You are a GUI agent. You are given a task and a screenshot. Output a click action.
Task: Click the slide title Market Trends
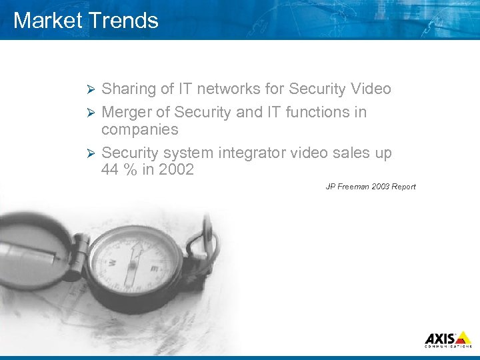click(x=86, y=20)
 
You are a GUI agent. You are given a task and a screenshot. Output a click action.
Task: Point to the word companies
click(x=139, y=129)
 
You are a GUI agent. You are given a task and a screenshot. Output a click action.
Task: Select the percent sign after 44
click(x=131, y=169)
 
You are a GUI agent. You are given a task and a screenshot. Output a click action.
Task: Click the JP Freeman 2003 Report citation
click(x=370, y=187)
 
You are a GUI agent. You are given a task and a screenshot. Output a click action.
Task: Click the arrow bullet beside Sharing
click(x=93, y=89)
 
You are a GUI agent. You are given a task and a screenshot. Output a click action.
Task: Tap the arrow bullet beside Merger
click(x=93, y=112)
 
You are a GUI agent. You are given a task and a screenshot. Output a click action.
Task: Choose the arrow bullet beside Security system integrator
click(x=93, y=153)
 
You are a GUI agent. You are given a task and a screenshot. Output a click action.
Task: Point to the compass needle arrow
click(x=135, y=257)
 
